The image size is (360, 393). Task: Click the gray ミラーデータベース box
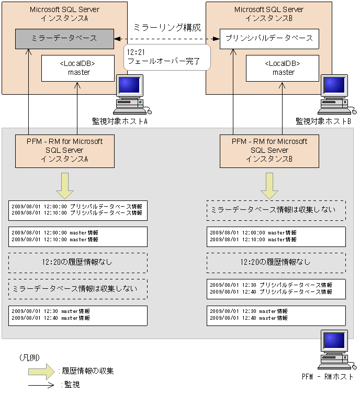pyautogui.click(x=64, y=39)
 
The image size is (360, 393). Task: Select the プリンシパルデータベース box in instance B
pyautogui.click(x=269, y=39)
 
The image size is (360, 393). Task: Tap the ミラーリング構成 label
pyautogui.click(x=167, y=27)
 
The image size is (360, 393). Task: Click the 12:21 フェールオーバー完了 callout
pyautogui.click(x=166, y=57)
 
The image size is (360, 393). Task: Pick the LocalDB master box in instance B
pyautogui.click(x=283, y=68)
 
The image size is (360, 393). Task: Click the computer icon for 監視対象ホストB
pyautogui.click(x=336, y=95)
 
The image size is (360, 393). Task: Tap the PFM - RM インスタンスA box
pyautogui.click(x=65, y=150)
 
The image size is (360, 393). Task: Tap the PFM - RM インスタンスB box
pyautogui.click(x=269, y=150)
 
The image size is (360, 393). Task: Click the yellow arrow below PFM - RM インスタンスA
pyautogui.click(x=65, y=186)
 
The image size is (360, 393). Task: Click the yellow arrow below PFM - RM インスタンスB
pyautogui.click(x=269, y=186)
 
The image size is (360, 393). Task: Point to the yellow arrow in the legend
pyautogui.click(x=42, y=370)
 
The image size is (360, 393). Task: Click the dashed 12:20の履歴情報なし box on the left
pyautogui.click(x=77, y=262)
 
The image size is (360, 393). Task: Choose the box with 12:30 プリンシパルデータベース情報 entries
pyautogui.click(x=276, y=288)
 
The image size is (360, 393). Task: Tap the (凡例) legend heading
pyautogui.click(x=29, y=357)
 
